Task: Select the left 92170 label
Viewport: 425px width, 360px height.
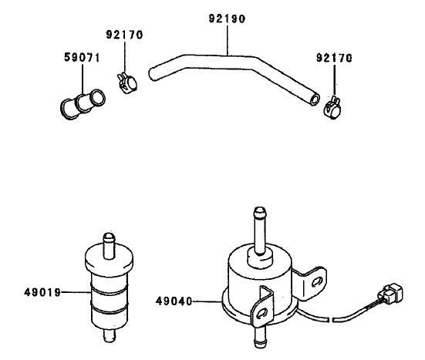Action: (x=124, y=35)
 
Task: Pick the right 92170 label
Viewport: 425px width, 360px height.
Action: (x=334, y=56)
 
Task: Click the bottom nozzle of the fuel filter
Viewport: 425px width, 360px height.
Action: (x=109, y=338)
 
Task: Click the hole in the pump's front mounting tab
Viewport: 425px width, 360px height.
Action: (x=264, y=313)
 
